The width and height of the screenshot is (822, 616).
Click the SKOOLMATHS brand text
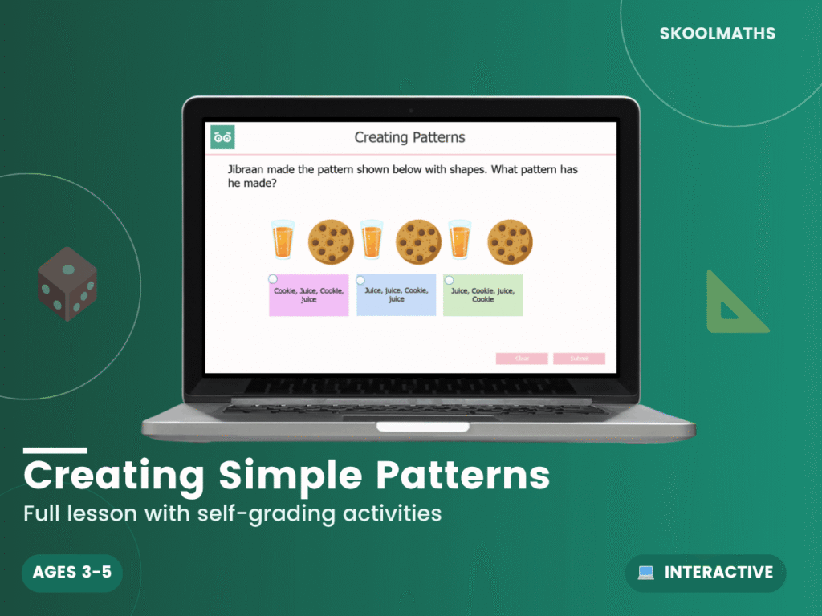717,34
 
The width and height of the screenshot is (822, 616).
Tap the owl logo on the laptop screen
222,138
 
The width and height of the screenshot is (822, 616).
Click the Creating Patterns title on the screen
409,138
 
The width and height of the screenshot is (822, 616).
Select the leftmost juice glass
283,239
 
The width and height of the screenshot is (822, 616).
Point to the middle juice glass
371,239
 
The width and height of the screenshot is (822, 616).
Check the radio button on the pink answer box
273,279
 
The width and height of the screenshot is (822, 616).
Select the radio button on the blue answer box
360,279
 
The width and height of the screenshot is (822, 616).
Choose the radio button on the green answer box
448,279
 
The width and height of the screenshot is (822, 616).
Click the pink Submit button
579,359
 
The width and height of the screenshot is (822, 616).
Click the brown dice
67,284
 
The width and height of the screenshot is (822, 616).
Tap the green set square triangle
733,305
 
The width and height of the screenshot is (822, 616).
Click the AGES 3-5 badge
72,573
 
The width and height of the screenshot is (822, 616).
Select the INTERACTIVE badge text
718,573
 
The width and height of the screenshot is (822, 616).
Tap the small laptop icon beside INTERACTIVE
646,573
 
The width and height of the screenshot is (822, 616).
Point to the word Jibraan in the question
250,170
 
